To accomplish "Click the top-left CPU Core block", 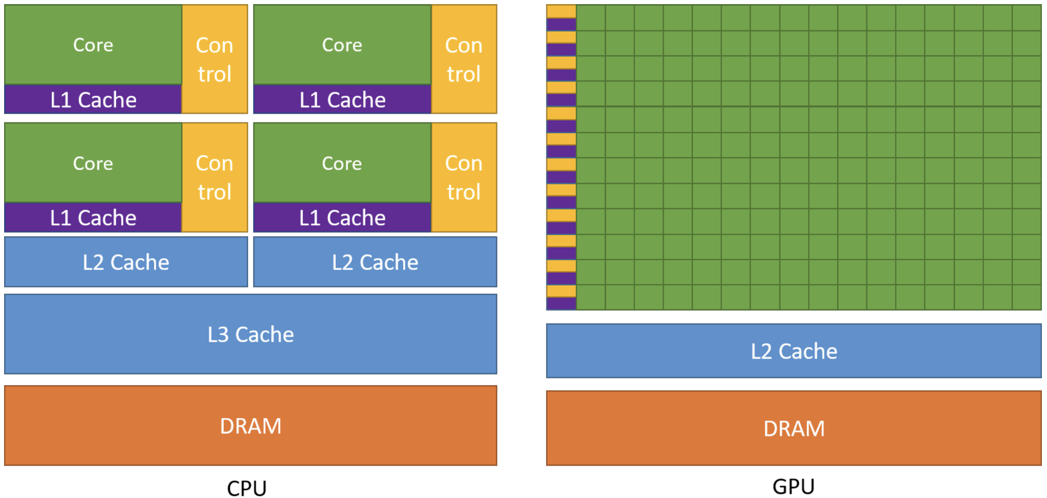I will tap(93, 45).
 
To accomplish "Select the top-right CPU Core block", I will tap(342, 45).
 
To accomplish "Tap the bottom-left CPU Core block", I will tap(93, 163).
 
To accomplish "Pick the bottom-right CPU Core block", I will tap(342, 163).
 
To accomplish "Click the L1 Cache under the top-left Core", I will tap(93, 99).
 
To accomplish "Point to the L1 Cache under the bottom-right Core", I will tap(342, 218).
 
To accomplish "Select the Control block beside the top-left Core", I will tap(214, 59).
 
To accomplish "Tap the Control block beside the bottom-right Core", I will tap(464, 177).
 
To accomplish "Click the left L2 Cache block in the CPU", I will tap(126, 262).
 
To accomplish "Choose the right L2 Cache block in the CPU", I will tap(375, 262).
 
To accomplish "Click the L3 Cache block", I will tap(250, 334).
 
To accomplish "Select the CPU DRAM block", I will tap(250, 426).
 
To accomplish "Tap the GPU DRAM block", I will tap(794, 428).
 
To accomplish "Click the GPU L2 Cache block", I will tap(794, 351).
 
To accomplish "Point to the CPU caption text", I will tap(247, 488).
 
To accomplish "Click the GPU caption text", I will tap(793, 486).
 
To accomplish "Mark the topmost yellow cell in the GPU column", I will tap(561, 11).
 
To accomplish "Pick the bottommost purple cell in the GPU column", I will tap(561, 303).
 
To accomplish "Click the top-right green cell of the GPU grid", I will tap(1026, 17).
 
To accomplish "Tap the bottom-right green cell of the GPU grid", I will tap(1026, 297).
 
